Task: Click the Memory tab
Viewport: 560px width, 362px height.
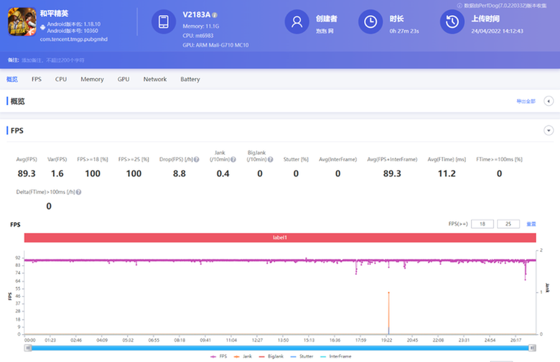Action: [x=92, y=79]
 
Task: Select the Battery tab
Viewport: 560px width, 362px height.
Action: [x=190, y=79]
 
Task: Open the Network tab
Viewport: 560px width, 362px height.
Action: [x=155, y=79]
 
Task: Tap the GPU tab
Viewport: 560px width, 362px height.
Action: [x=123, y=79]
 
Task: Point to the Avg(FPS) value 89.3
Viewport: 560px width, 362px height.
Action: [x=26, y=174]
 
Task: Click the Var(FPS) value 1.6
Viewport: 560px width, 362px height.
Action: [x=57, y=174]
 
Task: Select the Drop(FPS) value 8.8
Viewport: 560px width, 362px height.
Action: [x=179, y=174]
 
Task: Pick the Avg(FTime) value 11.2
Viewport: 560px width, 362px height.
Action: [x=447, y=174]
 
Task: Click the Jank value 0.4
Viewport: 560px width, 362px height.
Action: [x=223, y=174]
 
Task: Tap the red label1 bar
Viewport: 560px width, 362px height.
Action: [x=280, y=238]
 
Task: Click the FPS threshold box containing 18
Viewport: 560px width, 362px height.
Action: [x=482, y=224]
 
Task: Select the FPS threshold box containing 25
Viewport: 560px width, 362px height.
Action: [x=508, y=224]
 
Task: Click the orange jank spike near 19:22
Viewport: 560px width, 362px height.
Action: [x=389, y=311]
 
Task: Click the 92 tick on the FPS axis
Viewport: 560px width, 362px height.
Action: [x=19, y=257]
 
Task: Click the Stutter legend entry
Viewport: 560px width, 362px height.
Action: [x=304, y=356]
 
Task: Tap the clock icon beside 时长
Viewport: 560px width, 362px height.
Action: [x=370, y=22]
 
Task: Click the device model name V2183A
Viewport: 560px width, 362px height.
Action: [x=196, y=14]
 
